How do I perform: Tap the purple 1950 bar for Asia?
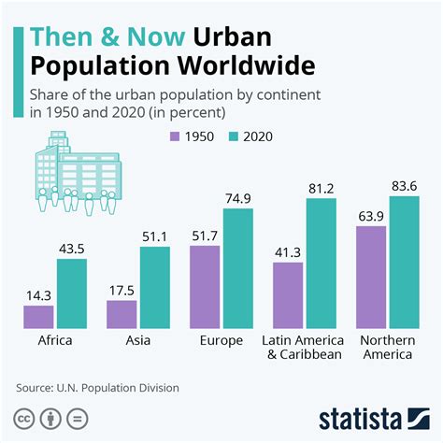[x=121, y=314]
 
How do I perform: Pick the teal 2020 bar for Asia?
[x=155, y=287]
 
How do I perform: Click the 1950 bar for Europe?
[x=205, y=286]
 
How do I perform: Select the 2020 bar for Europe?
[x=238, y=267]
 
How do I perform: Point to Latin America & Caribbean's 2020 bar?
[x=322, y=263]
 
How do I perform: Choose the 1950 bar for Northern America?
[x=371, y=277]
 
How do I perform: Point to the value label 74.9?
[x=238, y=198]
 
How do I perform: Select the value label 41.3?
[x=288, y=252]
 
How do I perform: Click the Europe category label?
[x=221, y=340]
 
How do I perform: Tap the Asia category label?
[x=138, y=340]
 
